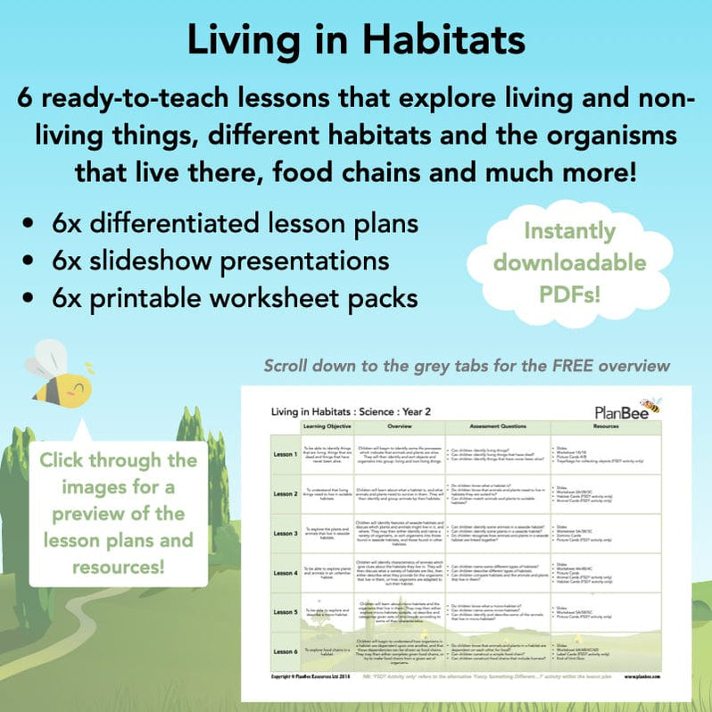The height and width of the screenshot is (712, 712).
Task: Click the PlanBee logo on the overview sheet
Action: [x=627, y=410]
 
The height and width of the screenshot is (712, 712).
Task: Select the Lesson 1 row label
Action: [x=286, y=453]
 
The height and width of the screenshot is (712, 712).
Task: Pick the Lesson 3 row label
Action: [x=286, y=533]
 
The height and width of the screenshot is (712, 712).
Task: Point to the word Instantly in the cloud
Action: [x=569, y=231]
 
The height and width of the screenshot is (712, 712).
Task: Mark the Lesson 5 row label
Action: [x=286, y=612]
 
